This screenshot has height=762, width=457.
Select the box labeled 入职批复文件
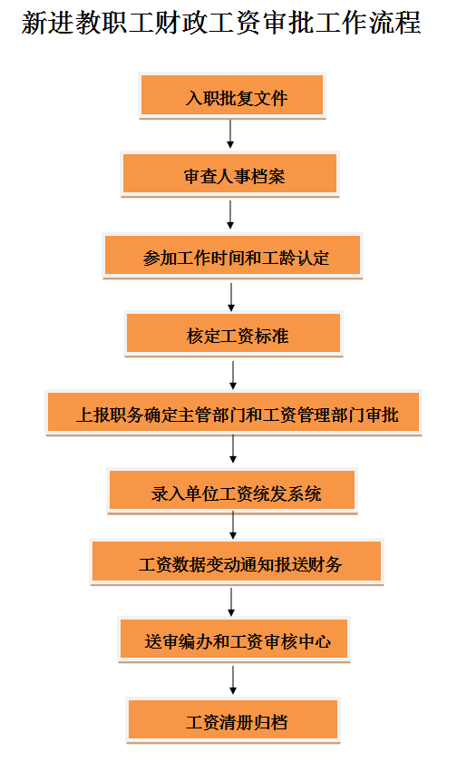coord(232,95)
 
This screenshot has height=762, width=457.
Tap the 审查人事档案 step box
coord(229,174)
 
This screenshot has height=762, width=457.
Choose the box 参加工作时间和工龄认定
coord(233,256)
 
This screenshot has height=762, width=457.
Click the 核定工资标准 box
coord(234,334)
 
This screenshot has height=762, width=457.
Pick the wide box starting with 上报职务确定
coord(234,413)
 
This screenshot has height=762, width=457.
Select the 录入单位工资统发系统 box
coord(232,491)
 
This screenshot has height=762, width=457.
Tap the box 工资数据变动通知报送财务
coord(237,562)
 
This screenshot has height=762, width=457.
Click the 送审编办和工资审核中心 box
coord(234,640)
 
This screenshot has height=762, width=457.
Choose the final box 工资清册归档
coord(233,720)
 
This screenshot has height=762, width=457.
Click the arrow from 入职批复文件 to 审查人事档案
coord(230,133)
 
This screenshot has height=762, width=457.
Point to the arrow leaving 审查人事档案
coord(230,214)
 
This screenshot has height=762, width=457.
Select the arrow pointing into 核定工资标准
coord(231,297)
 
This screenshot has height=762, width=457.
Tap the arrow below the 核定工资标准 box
coord(233,376)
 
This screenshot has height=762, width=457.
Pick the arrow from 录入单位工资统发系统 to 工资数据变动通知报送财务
coord(233,525)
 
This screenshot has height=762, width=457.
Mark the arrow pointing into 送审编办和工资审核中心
coord(231,602)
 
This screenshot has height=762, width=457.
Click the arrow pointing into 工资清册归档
coord(233,679)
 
